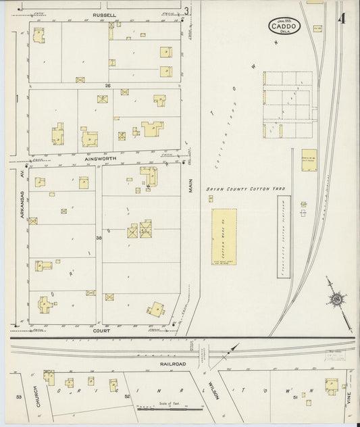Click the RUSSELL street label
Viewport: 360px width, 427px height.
tap(105, 14)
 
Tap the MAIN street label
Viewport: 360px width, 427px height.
tap(191, 186)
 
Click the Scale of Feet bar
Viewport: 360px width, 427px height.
tap(170, 408)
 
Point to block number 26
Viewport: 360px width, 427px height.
tap(107, 86)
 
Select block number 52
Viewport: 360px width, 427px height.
tap(127, 397)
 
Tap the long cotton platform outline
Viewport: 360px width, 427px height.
tap(284, 234)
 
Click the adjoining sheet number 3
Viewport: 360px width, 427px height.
tap(186, 10)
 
